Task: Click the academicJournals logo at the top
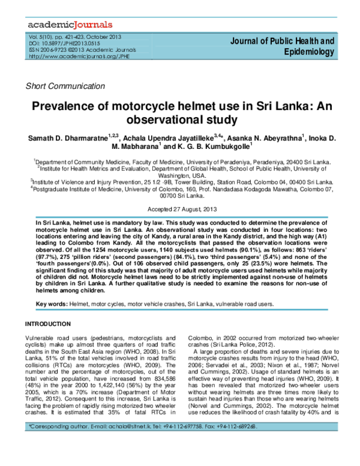point(70,25)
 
